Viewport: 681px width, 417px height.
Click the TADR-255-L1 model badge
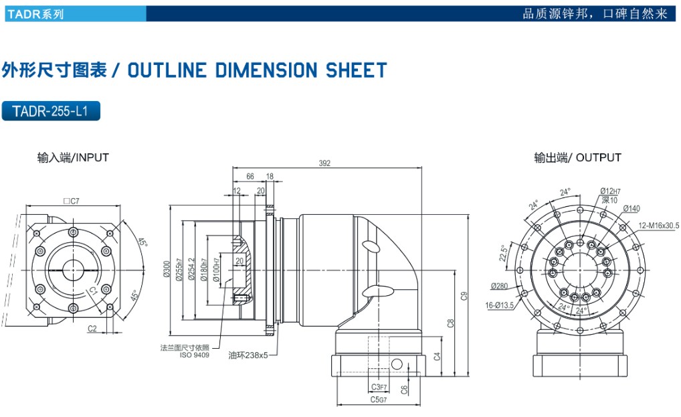tap(52, 111)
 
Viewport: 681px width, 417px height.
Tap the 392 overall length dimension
tap(324, 163)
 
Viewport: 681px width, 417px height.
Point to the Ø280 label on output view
tap(500, 286)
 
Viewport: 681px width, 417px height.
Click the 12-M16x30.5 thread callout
tap(658, 226)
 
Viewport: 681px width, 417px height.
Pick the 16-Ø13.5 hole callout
tap(500, 305)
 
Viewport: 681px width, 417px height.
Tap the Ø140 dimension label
tap(631, 209)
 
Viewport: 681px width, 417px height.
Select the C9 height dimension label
tap(464, 295)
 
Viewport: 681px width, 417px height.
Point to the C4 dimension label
tap(437, 356)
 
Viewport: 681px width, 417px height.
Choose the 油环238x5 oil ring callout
tap(248, 355)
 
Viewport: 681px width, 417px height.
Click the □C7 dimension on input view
tap(71, 200)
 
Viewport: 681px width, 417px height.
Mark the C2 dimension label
tap(92, 328)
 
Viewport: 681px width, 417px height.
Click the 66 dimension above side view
tap(250, 177)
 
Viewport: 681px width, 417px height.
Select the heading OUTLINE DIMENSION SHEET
tap(257, 70)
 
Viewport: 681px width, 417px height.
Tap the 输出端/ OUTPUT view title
tap(577, 158)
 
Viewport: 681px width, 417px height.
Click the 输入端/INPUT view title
tap(73, 158)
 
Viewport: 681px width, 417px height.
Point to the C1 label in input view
tap(93, 290)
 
